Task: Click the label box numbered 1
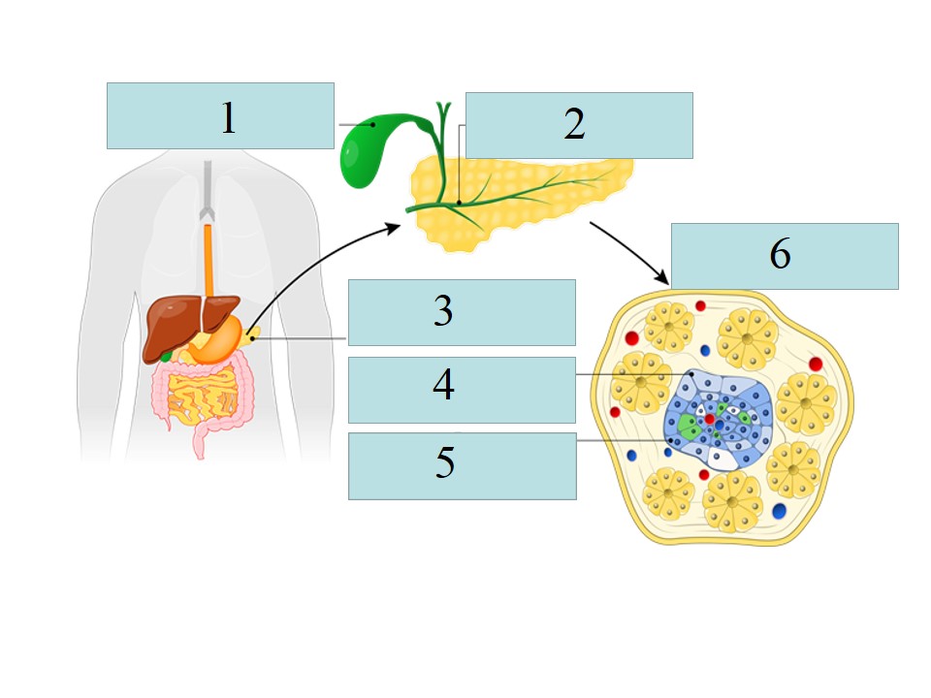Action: click(220, 115)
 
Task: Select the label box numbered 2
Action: click(579, 125)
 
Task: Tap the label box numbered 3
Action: click(462, 312)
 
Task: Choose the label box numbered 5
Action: click(462, 465)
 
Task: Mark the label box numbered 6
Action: click(784, 256)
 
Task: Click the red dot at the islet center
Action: click(710, 419)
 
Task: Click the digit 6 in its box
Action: click(781, 255)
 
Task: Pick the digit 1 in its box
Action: click(228, 117)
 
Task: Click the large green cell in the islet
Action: click(690, 428)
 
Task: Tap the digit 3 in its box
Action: click(443, 312)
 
